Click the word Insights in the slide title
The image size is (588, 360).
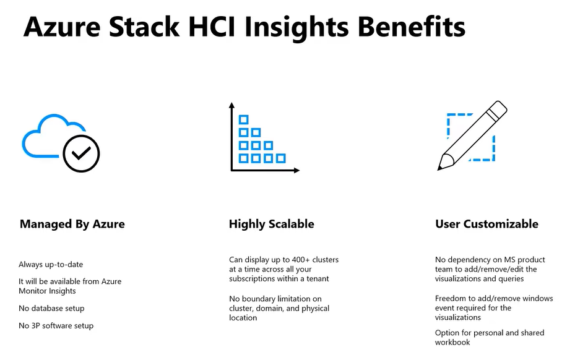297,28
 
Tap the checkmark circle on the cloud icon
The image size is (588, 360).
81,153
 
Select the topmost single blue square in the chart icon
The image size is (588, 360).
243,119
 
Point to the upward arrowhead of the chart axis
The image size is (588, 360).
231,105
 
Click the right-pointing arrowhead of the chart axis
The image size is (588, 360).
296,171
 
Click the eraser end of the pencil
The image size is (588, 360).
499,108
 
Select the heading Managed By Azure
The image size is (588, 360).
72,224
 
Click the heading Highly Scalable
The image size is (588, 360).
272,224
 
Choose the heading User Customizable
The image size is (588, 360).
486,224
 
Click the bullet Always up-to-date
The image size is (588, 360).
51,265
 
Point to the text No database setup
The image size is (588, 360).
51,308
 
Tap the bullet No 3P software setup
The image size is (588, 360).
56,325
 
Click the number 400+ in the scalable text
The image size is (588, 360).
301,260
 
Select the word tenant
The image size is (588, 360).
318,279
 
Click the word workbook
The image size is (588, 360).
452,342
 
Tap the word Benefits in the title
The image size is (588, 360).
412,27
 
